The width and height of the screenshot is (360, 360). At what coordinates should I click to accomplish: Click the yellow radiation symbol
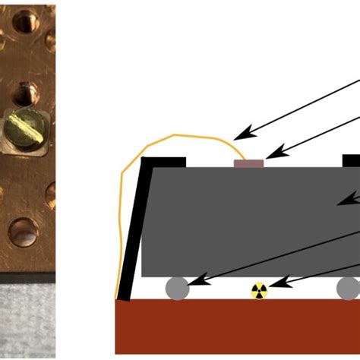coord(260,290)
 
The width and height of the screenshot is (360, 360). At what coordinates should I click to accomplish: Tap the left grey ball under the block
coord(177,289)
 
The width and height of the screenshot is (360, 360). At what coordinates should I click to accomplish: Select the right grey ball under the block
coord(348,288)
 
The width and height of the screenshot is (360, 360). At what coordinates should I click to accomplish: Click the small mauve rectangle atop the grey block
coord(248,163)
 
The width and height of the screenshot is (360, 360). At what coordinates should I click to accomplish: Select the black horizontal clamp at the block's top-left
coord(162,162)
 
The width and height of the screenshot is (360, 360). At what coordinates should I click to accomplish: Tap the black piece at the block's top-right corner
coord(351,161)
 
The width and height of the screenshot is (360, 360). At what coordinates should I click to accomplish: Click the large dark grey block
coord(243,220)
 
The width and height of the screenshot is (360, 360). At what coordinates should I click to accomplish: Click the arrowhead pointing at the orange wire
coord(238,136)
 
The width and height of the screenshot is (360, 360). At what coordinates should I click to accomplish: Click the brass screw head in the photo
coord(24,128)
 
